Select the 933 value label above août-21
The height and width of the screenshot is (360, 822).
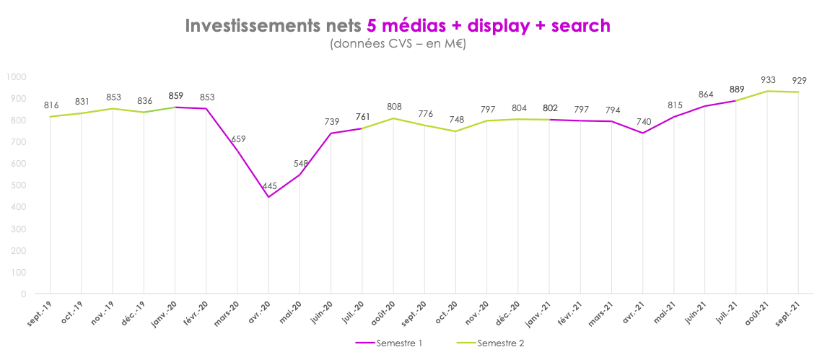pos(767,80)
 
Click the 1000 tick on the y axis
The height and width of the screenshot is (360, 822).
pos(16,76)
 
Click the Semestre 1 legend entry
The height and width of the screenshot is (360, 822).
pos(389,343)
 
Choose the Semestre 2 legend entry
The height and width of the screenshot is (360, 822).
pos(490,343)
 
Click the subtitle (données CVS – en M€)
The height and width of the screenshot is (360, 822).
pos(397,45)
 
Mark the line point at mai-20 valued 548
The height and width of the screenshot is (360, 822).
pos(300,175)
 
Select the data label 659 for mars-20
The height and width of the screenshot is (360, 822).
pos(238,139)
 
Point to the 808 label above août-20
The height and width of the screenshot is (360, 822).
pos(394,107)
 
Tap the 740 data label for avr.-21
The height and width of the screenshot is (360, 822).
pos(642,121)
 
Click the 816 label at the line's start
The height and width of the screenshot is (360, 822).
pos(51,105)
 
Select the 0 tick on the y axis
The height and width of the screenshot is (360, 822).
pos(24,294)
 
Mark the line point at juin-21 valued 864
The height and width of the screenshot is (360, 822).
pos(705,106)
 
